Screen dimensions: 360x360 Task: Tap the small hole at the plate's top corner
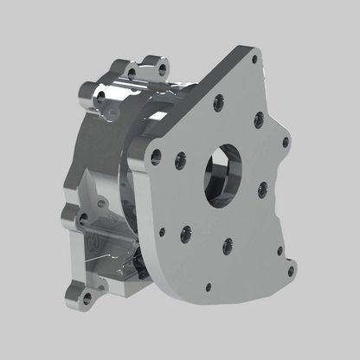pyautogui.click(x=254, y=61)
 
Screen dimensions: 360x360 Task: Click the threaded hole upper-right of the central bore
pyautogui.click(x=259, y=119)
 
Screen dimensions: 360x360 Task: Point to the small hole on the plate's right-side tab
pyautogui.click(x=286, y=142)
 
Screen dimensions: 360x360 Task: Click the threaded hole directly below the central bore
pyautogui.click(x=227, y=246)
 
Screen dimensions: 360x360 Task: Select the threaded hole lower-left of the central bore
pyautogui.click(x=185, y=232)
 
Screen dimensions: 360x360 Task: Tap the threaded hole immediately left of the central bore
pyautogui.click(x=180, y=159)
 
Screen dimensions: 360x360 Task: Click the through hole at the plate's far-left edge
pyautogui.click(x=156, y=157)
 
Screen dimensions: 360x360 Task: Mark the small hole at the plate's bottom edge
pyautogui.click(x=208, y=286)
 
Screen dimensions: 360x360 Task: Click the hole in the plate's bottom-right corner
pyautogui.click(x=290, y=271)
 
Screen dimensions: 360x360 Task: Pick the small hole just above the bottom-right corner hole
pyautogui.click(x=280, y=252)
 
